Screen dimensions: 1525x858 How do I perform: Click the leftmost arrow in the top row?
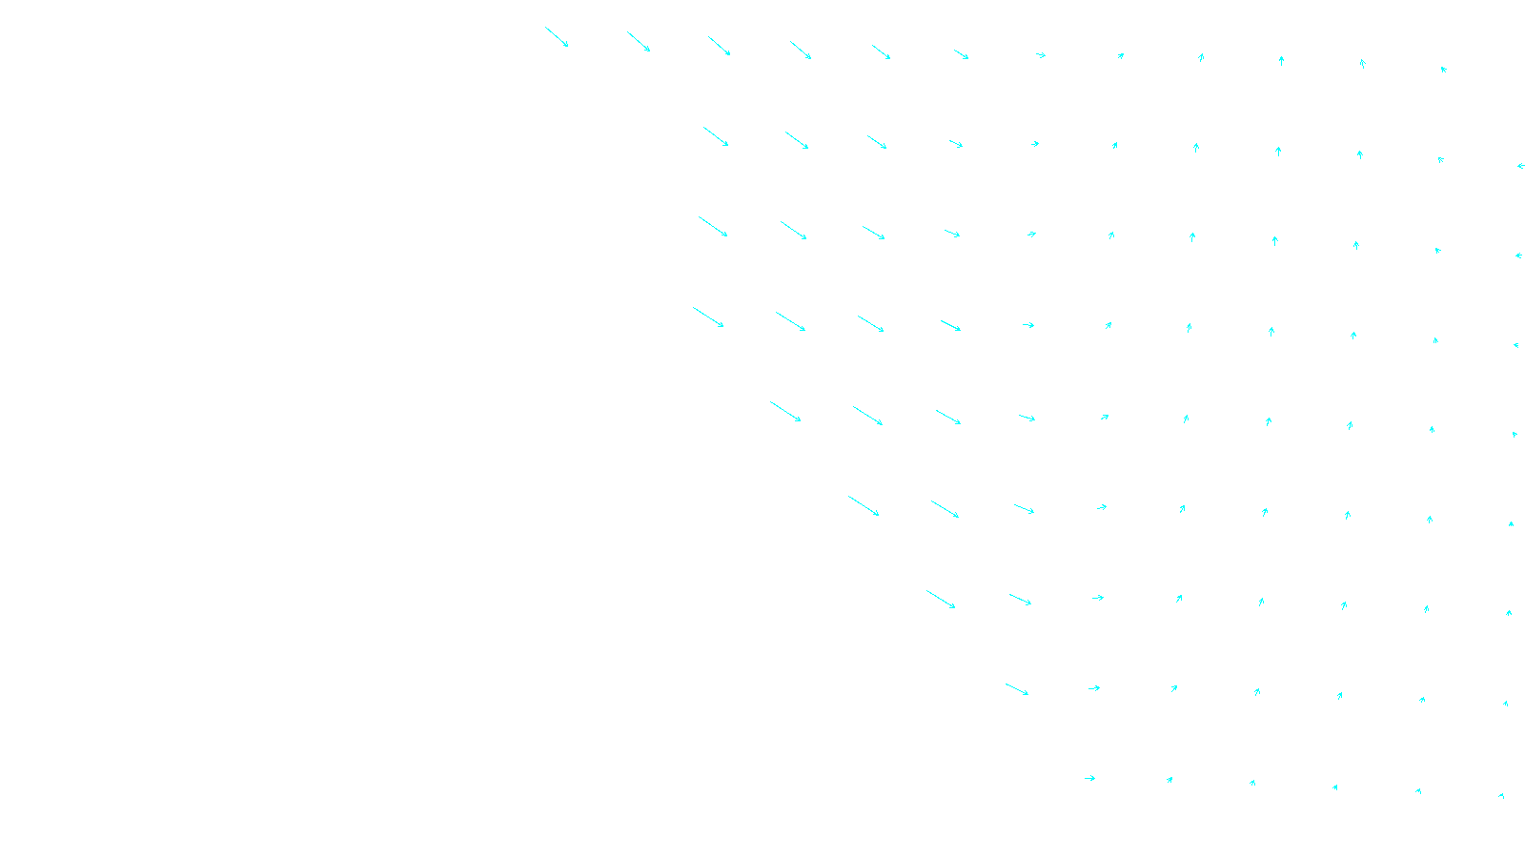coord(557,37)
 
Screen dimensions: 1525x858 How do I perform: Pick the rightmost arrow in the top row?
coord(1444,69)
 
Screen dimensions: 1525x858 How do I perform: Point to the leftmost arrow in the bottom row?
coord(1089,778)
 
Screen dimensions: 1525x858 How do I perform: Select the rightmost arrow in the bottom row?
coord(1501,795)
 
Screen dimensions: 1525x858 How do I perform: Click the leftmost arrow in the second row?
coord(716,136)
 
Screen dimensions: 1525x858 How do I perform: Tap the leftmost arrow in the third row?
coord(713,227)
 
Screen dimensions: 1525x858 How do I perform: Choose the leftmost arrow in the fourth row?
coord(708,317)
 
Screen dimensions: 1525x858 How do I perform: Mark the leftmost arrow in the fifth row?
coord(785,412)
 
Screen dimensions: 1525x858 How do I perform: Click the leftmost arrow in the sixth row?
coord(864,506)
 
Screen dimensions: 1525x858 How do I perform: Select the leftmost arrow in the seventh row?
coord(941,599)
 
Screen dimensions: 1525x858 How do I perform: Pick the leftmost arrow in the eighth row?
coord(1017,689)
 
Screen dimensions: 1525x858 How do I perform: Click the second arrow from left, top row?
coord(639,41)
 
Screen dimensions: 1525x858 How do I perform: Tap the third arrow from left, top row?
coord(720,46)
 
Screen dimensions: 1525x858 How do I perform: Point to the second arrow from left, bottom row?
coord(1169,780)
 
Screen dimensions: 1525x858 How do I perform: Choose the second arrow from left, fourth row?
coord(790,321)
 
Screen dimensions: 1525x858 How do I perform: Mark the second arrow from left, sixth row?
coord(945,509)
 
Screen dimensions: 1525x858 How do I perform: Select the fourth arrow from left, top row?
coord(801,50)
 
